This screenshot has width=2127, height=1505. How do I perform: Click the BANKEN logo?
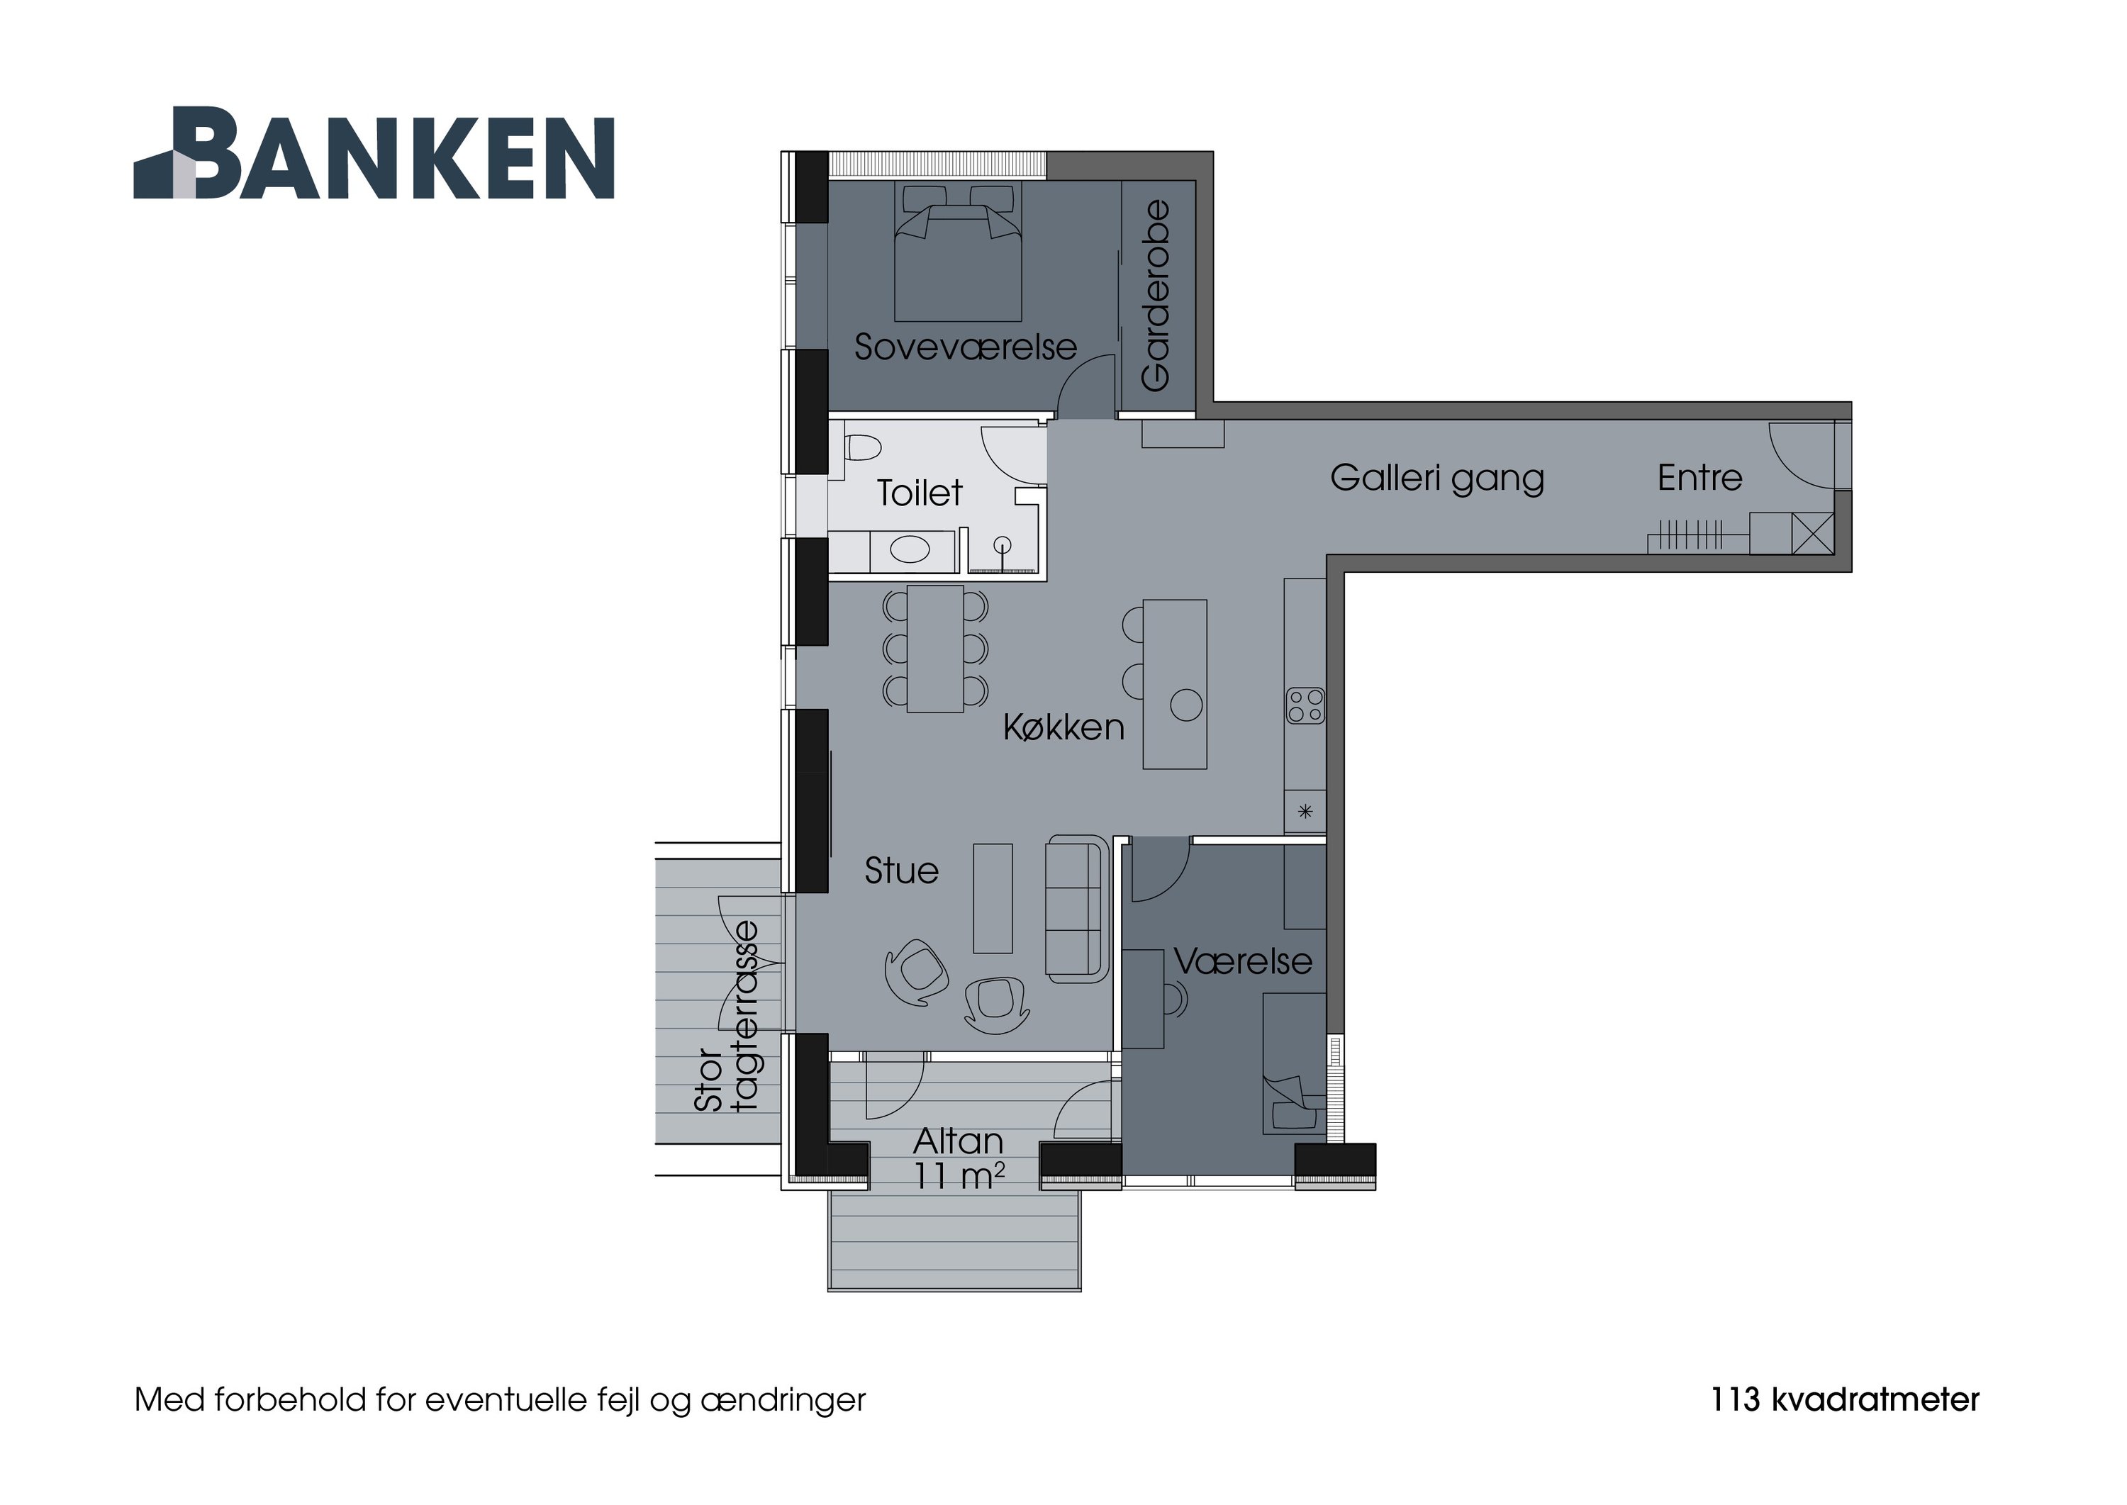[374, 153]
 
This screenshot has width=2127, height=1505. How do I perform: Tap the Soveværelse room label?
[965, 347]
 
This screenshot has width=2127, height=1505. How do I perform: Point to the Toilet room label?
[920, 493]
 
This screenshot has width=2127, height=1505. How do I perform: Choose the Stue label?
[901, 871]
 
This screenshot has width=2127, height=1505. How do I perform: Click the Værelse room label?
[1243, 961]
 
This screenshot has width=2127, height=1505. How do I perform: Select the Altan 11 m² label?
[959, 1158]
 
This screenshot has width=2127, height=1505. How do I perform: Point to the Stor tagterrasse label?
[727, 1017]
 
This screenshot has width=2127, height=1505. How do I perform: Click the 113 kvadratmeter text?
[1844, 1400]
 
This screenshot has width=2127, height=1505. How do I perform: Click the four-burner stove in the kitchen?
[1305, 706]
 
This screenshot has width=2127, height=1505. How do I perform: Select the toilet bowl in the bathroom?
[863, 449]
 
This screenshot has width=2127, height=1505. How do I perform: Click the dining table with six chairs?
[935, 649]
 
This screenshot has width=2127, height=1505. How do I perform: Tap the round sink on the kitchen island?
[1186, 705]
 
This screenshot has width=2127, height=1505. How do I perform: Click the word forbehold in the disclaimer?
[293, 1400]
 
